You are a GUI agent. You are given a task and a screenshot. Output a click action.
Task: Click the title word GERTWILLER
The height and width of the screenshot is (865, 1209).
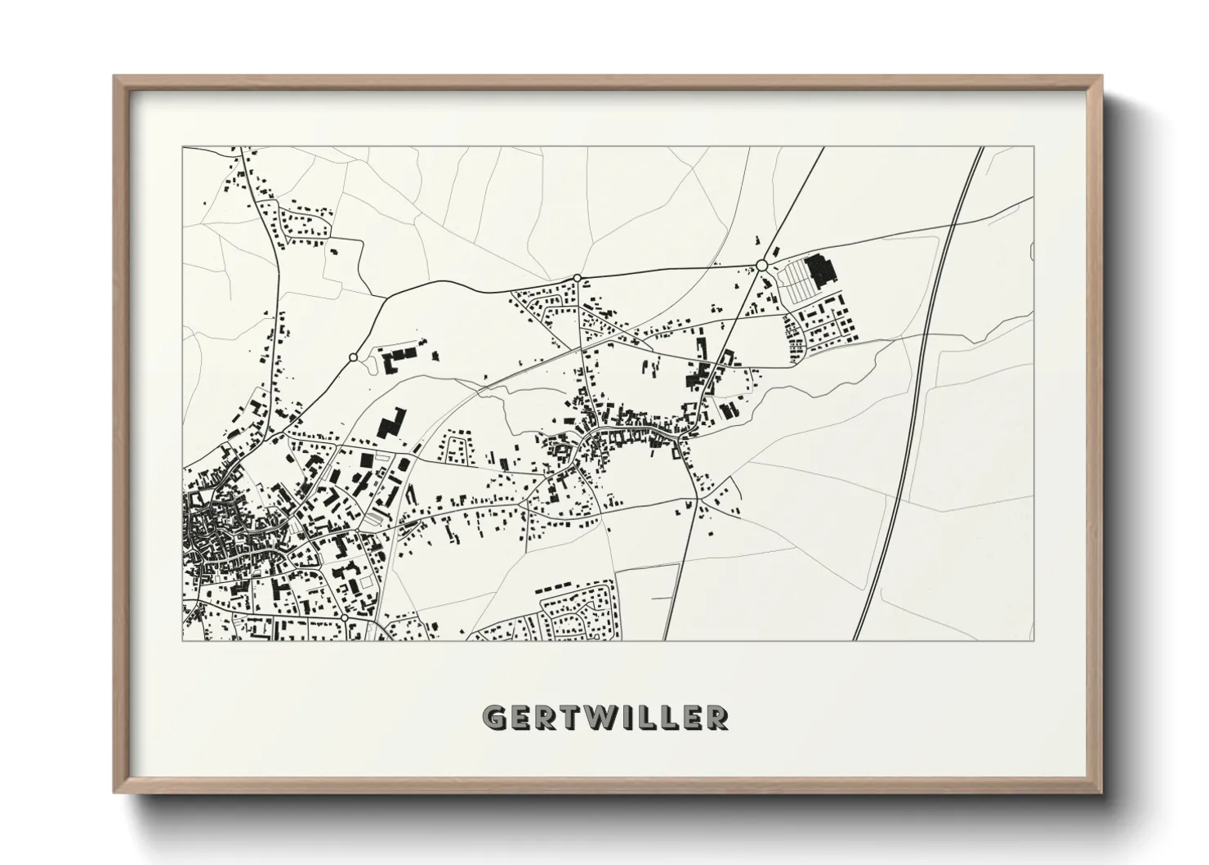pos(604,717)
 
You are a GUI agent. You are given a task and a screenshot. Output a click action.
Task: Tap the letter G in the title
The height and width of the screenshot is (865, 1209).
pos(494,717)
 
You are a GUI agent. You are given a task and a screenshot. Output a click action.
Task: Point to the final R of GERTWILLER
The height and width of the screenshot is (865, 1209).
pos(716,717)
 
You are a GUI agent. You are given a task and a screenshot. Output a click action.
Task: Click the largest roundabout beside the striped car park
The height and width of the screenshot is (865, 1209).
pos(761,265)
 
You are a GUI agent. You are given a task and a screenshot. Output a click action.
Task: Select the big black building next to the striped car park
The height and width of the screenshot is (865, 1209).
pos(817,269)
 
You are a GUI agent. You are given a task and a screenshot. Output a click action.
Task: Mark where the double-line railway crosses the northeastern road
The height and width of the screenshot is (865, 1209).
pos(955,221)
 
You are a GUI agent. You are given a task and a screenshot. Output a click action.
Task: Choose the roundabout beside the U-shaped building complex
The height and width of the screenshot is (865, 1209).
pos(353,357)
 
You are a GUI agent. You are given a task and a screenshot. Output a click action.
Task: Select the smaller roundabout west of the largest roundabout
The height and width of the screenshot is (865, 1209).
pos(578,278)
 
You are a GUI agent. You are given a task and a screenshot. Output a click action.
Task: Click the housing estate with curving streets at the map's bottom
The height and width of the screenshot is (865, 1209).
pos(572,609)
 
